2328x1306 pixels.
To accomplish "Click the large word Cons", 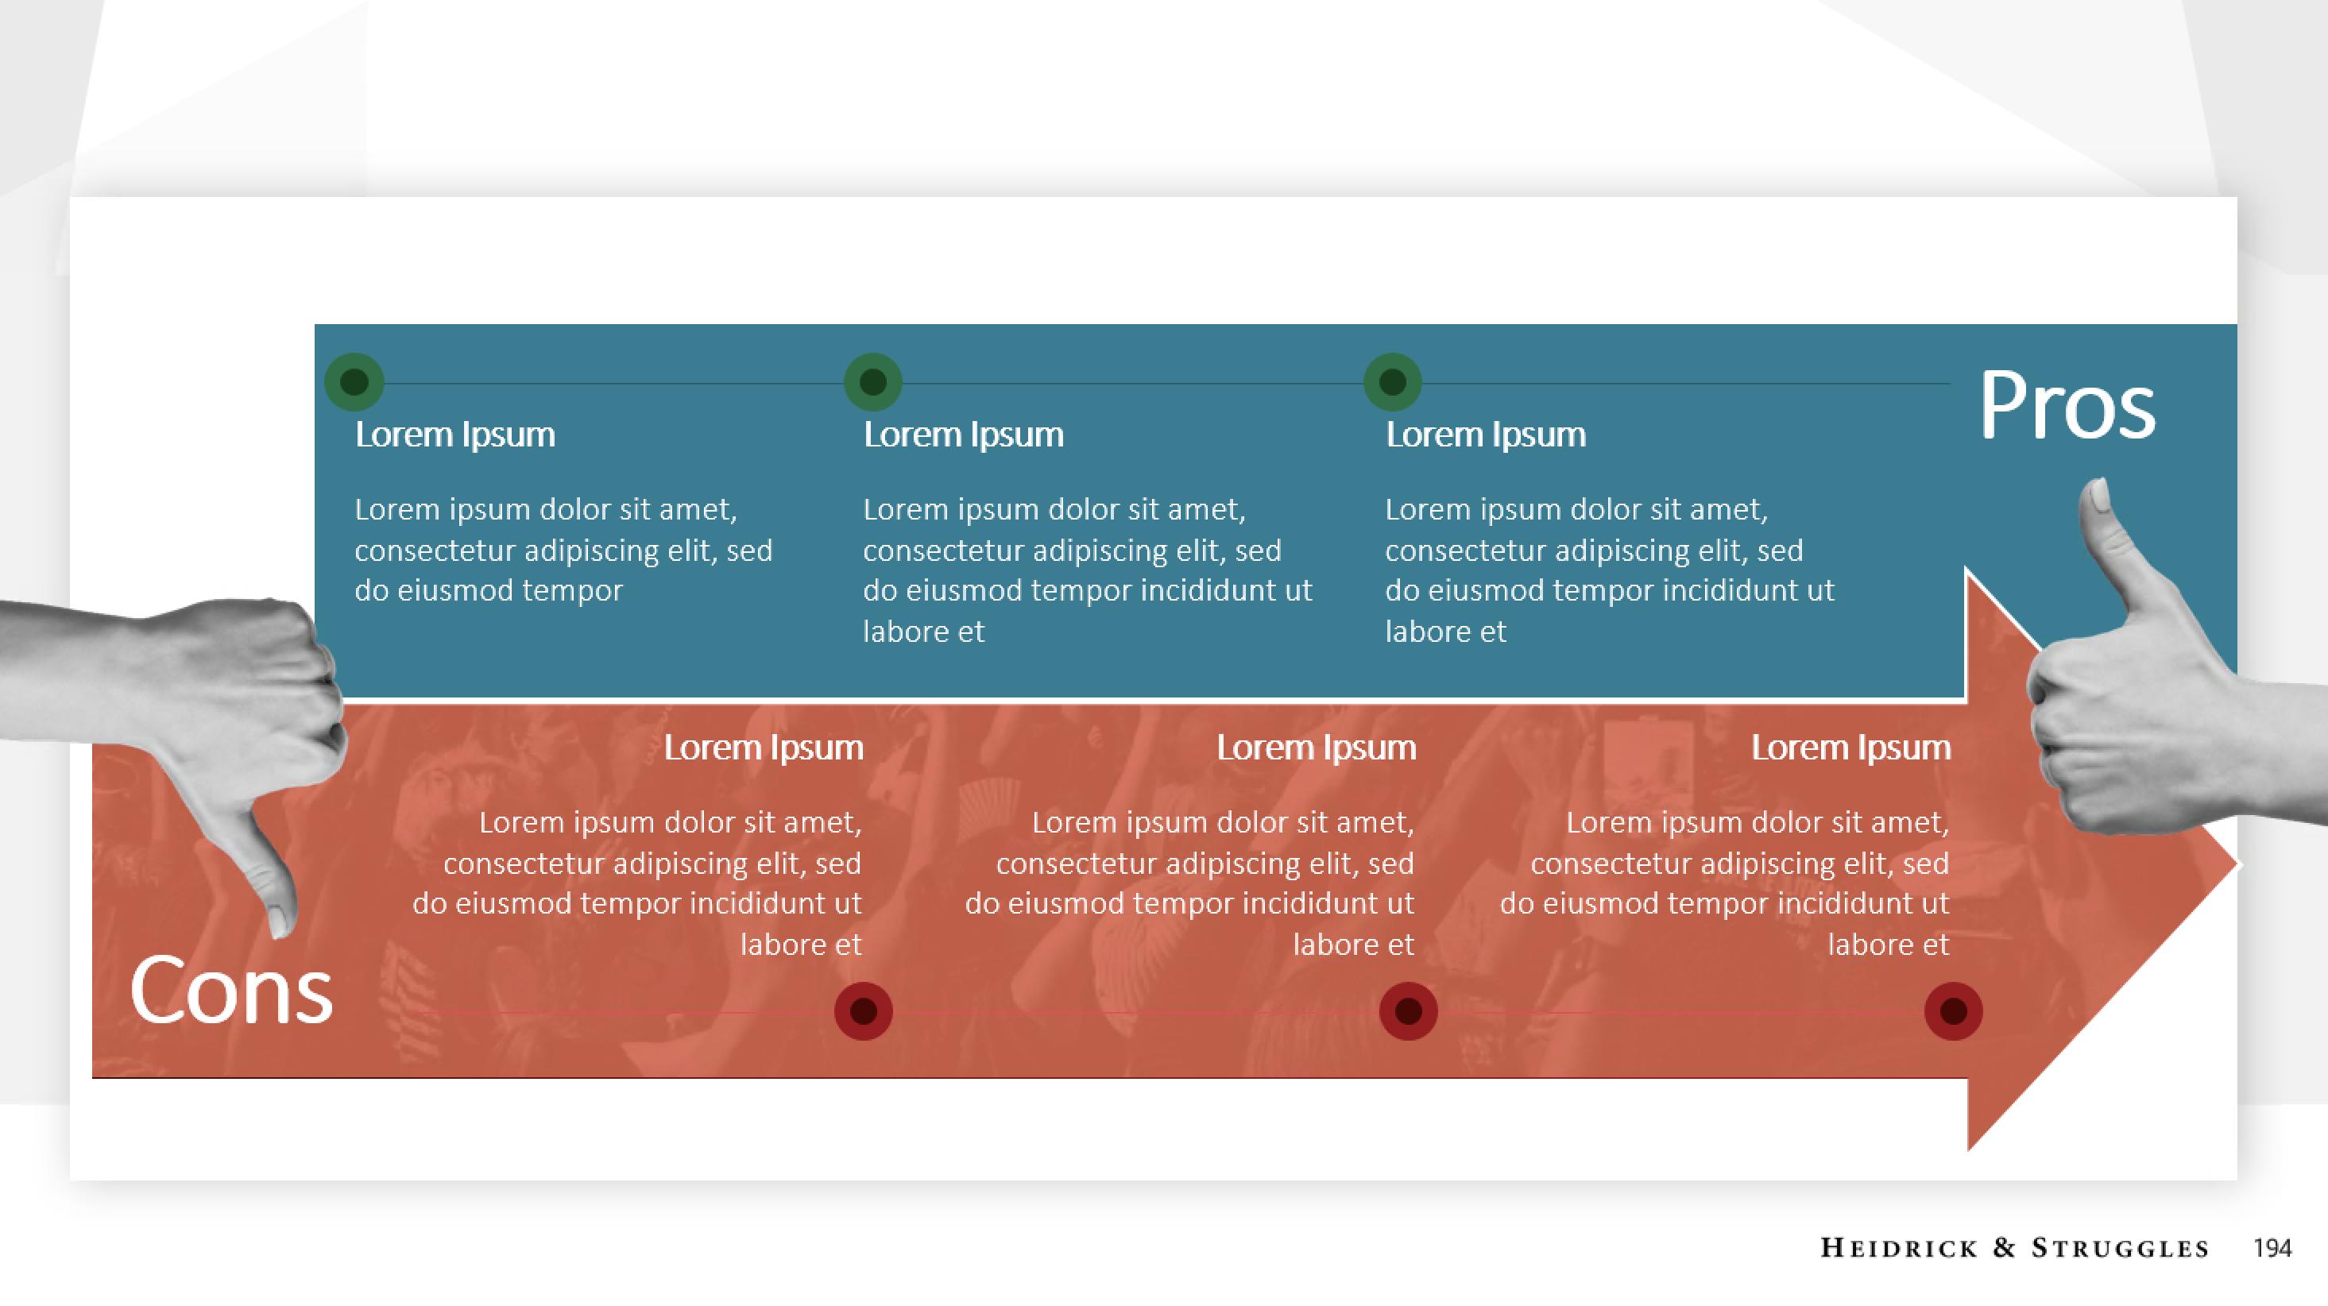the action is click(231, 991).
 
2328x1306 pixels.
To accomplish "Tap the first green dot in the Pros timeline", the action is click(354, 382).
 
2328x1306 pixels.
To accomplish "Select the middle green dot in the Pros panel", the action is click(873, 382).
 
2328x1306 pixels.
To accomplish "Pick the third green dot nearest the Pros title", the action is click(1393, 382).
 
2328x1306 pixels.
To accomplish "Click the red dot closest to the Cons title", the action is click(863, 1011).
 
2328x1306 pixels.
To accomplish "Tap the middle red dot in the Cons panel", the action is click(1408, 1011).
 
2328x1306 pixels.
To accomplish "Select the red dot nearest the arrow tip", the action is click(1953, 1011).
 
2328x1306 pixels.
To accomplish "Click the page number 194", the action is click(2272, 1248).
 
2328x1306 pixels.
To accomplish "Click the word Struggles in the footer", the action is click(2120, 1248).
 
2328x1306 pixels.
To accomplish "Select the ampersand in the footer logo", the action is click(2005, 1248).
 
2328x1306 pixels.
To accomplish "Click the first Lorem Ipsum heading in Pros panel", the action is click(454, 435).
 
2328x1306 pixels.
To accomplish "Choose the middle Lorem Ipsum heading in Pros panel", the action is click(963, 435).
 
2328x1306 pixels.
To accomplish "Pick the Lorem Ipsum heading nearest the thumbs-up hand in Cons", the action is click(1850, 748).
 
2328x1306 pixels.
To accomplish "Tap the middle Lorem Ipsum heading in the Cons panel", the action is click(1316, 748).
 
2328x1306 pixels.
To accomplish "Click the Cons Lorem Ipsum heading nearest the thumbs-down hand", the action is click(764, 748).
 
